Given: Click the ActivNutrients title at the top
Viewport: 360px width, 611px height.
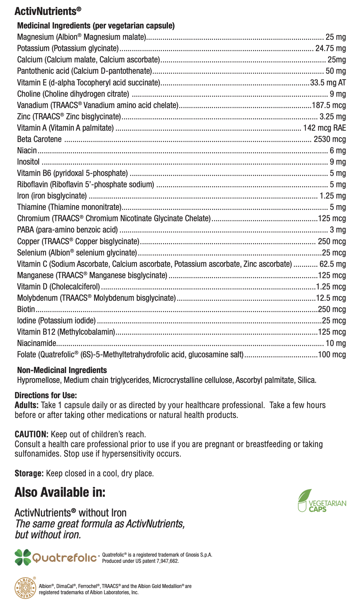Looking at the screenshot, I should [x=48, y=11].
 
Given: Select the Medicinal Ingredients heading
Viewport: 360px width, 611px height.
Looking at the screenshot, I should [x=96, y=26].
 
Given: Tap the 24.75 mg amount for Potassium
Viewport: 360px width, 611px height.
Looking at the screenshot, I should [x=330, y=48].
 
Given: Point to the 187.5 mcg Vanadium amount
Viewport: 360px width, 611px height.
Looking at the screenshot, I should [x=329, y=105].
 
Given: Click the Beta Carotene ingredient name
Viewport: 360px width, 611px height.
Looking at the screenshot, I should [x=39, y=139].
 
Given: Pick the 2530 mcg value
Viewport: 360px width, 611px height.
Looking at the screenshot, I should [x=330, y=139].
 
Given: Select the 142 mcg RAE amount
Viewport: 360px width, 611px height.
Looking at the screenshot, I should [x=324, y=128].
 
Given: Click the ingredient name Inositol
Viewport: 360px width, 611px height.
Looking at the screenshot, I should [x=28, y=162].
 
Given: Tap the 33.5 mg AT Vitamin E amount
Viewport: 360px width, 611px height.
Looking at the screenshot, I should [x=328, y=82].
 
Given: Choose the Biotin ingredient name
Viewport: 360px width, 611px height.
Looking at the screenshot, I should [x=26, y=309].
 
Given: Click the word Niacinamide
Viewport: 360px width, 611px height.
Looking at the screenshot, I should [x=37, y=343].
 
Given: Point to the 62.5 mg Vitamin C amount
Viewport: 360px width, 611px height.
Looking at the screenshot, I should [x=333, y=264].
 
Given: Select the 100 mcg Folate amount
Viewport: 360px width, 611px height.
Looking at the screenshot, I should [x=332, y=354].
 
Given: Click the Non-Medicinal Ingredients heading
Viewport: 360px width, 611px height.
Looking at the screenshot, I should [x=62, y=370].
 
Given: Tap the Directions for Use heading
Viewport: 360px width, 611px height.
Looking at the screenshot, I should [x=46, y=395].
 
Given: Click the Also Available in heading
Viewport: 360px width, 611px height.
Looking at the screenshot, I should [x=60, y=492].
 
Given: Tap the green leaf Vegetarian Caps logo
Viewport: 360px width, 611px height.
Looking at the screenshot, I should [x=322, y=501].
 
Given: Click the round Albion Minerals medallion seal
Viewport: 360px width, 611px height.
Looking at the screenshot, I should [x=25, y=588].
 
